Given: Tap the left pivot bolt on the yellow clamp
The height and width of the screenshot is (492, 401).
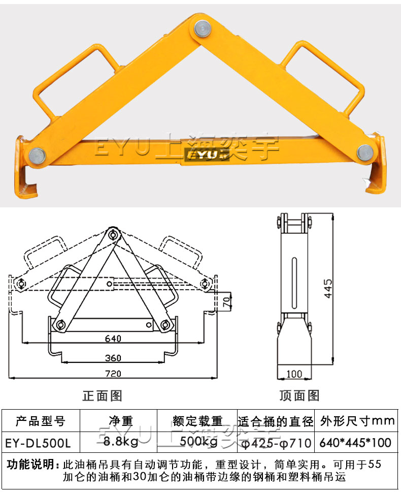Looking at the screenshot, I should pos(37,156).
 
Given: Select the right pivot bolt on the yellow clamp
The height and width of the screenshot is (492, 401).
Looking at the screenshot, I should pos(365,151).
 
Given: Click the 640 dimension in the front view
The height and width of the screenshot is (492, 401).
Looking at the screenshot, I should pos(113,338).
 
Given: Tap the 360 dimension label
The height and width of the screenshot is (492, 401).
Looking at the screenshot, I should pos(113,358).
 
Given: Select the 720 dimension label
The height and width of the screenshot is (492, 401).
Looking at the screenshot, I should pos(113,374).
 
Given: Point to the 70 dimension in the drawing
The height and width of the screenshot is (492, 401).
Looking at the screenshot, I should pos(227,302).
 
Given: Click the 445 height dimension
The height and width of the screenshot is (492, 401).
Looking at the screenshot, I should pos(328,288).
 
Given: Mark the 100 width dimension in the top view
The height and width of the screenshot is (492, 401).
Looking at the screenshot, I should pos(294,374).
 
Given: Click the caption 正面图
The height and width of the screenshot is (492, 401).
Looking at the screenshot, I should pos(103,395).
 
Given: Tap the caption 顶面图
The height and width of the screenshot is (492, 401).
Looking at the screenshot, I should pos(299,395).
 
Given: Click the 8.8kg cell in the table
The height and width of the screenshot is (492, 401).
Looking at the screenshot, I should pos(120,442).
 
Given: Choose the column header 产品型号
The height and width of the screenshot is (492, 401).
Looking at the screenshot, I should pos(41,421).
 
